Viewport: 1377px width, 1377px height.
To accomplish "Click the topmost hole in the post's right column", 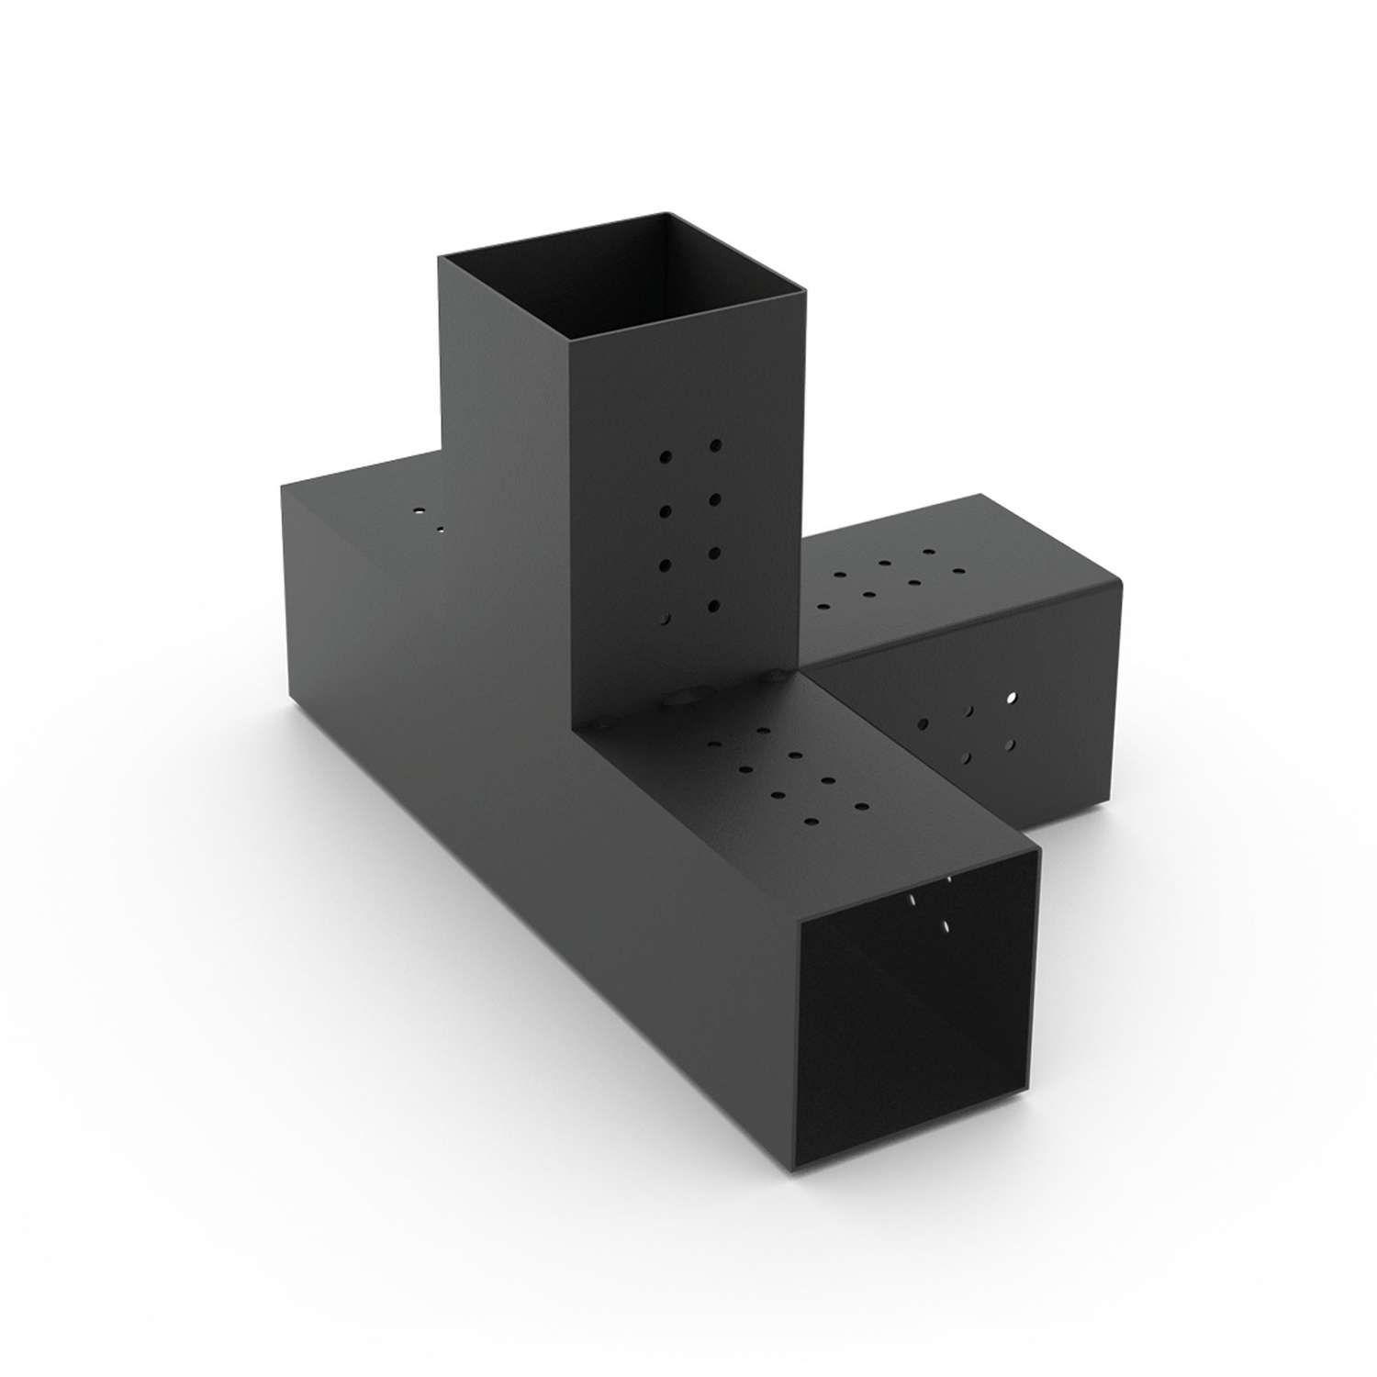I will click(x=715, y=445).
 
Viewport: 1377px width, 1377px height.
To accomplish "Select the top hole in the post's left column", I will click(x=666, y=454).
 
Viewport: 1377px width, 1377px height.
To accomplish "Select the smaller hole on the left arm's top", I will click(x=440, y=529).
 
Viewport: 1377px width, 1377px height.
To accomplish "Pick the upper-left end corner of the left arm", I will click(x=281, y=485).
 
